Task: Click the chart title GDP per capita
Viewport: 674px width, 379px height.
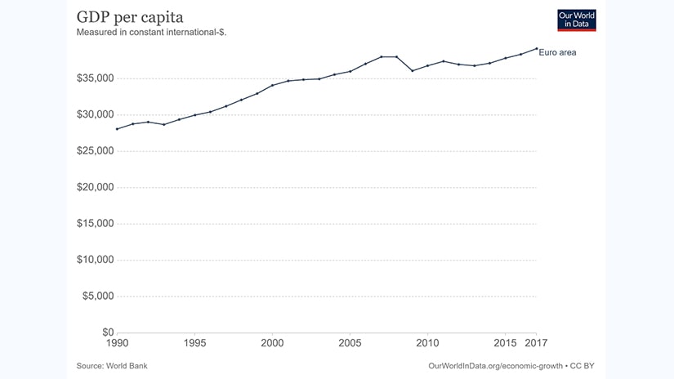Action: [129, 18]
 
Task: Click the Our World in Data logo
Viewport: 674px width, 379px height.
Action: [577, 20]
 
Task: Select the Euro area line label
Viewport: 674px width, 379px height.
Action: [559, 52]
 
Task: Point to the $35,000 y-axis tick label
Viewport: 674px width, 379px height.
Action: [95, 78]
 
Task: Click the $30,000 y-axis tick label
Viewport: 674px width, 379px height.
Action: [95, 114]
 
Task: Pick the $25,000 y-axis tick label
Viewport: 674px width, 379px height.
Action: [95, 151]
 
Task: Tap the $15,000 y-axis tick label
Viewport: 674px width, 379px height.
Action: [95, 224]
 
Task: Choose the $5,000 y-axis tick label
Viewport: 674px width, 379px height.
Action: [97, 296]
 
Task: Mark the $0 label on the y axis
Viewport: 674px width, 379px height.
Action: [107, 332]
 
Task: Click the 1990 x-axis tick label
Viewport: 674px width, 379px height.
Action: [117, 343]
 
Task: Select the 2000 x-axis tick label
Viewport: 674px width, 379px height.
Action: [272, 343]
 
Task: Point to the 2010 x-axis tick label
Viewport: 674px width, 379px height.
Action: [427, 343]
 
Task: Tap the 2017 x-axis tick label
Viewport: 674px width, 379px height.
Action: [536, 343]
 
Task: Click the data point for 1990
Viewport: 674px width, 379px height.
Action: [117, 128]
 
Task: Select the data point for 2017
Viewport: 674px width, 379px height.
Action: [536, 48]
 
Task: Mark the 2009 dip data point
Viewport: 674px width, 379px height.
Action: [412, 70]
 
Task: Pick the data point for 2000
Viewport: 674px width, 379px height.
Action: [272, 85]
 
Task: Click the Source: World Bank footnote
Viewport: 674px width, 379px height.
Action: [112, 365]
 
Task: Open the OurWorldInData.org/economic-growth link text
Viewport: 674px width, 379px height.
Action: [495, 365]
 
